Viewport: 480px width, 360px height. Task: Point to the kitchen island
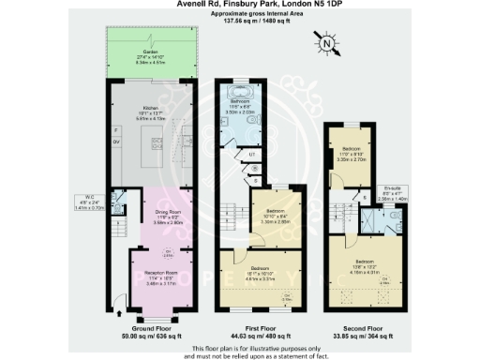click(x=153, y=145)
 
